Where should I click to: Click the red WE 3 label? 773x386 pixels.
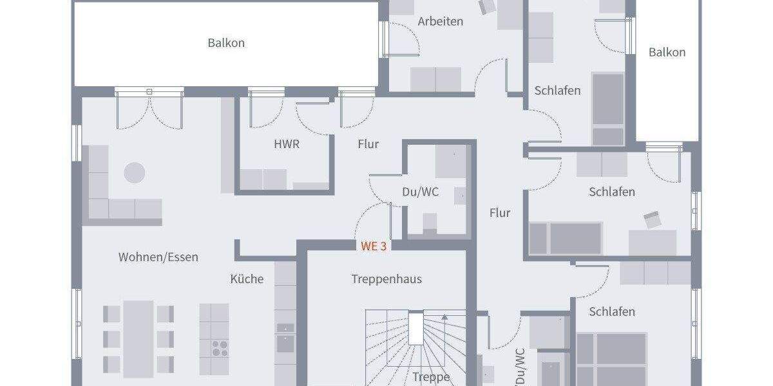pos(373,246)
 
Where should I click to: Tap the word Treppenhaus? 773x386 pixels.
pos(386,279)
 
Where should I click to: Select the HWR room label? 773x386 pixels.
pos(287,144)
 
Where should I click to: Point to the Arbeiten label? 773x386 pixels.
pos(440,21)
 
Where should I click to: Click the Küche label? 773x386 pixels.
pos(247,279)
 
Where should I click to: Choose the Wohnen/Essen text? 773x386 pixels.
pos(158,257)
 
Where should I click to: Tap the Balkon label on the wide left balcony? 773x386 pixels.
pos(226,43)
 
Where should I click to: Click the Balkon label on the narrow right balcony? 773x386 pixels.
pos(667,52)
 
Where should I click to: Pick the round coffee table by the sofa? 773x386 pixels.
pos(135,172)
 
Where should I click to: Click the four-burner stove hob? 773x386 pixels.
pos(219,347)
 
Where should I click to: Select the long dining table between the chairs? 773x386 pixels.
pos(138,338)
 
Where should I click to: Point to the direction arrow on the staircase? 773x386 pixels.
pos(444,317)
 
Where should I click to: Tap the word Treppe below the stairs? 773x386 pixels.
pos(431,377)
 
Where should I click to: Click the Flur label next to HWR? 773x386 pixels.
pos(368,144)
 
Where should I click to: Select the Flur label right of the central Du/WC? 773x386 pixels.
pos(499,212)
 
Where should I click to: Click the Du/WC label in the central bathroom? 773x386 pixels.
pos(420,192)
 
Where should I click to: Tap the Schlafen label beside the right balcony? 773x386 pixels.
pos(557,91)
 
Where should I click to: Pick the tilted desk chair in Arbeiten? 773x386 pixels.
pos(486,7)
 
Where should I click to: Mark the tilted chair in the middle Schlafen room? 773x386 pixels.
pos(653,219)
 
